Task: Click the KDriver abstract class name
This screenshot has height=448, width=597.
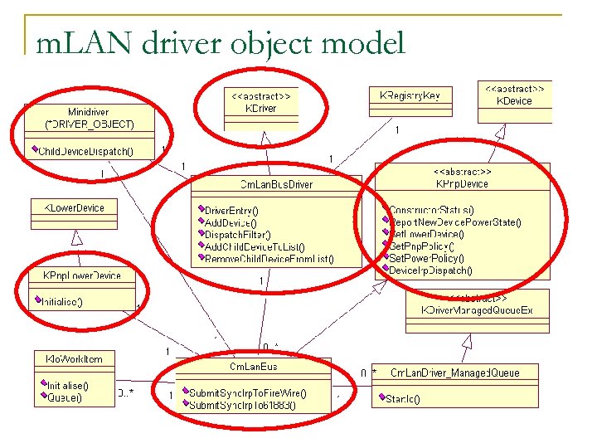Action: point(262,108)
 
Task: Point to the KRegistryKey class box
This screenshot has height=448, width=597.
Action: point(410,96)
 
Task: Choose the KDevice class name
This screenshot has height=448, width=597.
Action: point(514,100)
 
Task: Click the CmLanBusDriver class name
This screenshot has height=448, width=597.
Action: point(276,184)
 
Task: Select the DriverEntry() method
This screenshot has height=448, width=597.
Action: point(231,211)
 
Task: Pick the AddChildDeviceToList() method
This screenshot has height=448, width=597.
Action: point(255,246)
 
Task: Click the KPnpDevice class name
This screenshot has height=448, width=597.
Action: point(462,184)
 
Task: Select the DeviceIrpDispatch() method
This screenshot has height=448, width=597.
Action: point(430,270)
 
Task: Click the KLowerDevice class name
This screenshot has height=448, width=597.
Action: point(74,207)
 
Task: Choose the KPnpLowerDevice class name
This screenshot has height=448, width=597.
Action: point(81,275)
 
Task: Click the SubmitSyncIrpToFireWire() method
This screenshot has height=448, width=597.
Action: point(247,393)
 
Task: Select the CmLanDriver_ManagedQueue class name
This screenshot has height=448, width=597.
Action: point(454,373)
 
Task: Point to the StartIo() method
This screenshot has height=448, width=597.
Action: point(403,399)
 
